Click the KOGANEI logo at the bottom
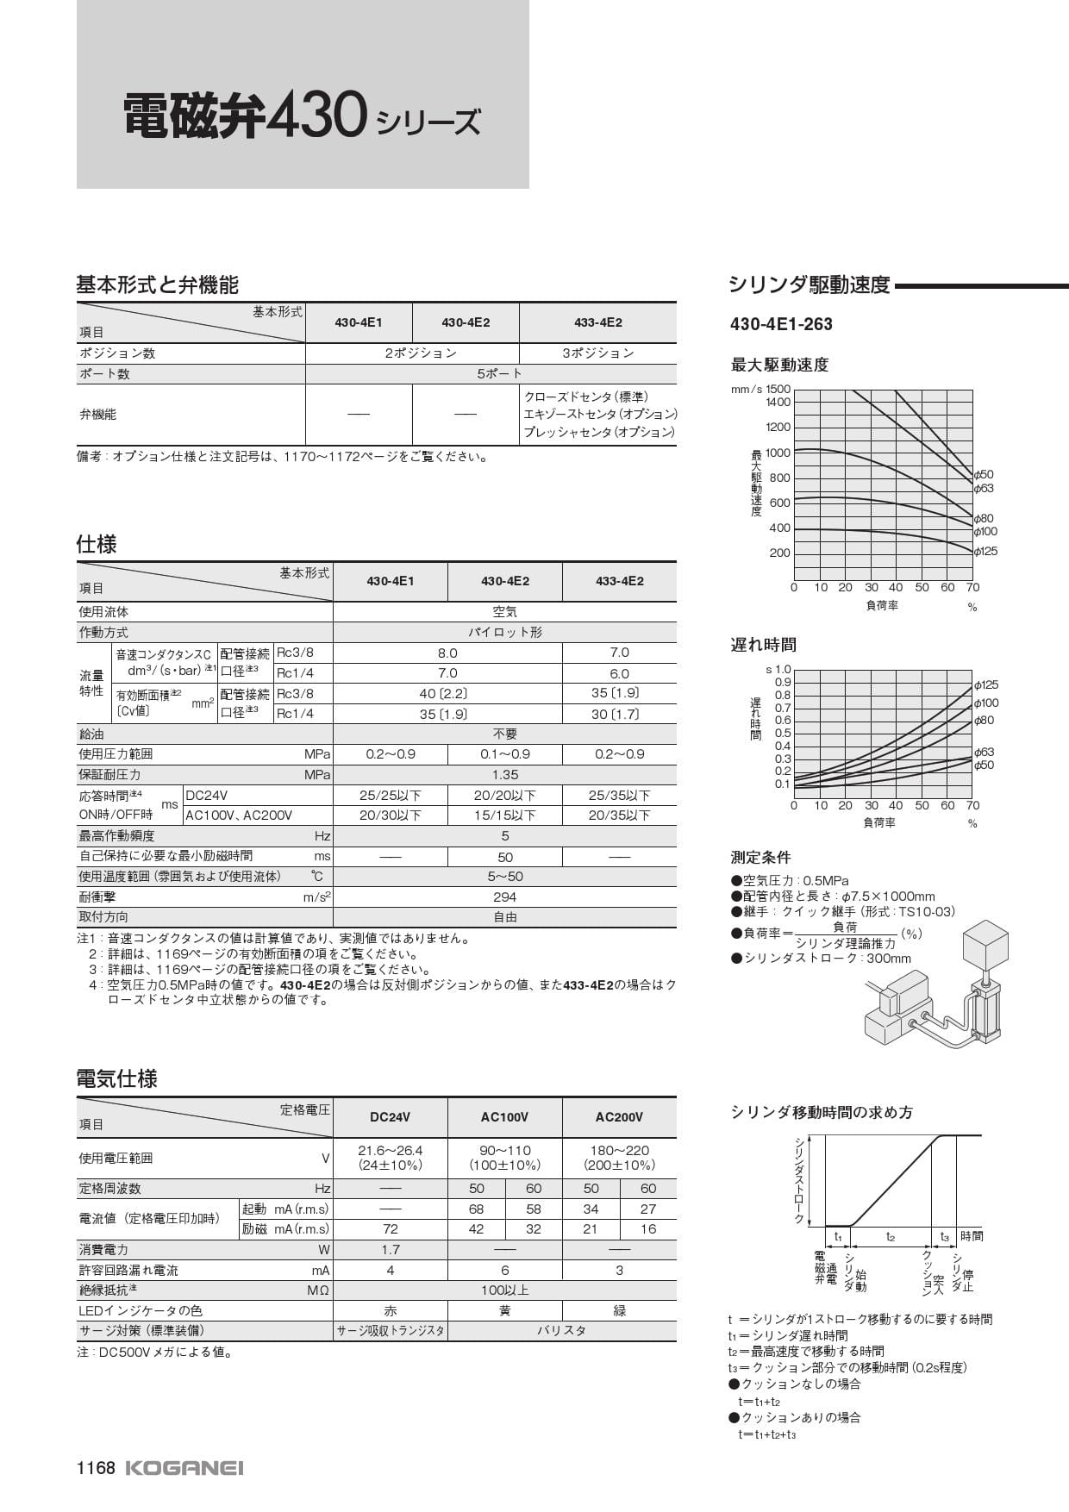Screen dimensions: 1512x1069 [184, 1468]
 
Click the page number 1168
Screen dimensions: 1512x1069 [96, 1468]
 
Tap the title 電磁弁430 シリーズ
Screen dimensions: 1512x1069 [301, 118]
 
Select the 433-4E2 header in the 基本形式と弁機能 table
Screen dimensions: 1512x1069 [597, 322]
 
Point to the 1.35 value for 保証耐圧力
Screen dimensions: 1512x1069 [504, 775]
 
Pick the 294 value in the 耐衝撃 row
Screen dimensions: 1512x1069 [504, 897]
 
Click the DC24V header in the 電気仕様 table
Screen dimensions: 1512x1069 [390, 1117]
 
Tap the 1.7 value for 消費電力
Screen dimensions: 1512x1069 [390, 1249]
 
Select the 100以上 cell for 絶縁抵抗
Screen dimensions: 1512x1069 [504, 1290]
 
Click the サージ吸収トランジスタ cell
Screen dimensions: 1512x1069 [391, 1330]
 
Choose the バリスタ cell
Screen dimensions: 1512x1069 [561, 1330]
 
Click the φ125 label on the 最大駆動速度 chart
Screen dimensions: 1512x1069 [985, 551]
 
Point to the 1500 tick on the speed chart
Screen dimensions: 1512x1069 [778, 389]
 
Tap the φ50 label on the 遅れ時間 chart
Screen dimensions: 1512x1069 [984, 765]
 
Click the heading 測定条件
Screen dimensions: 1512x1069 [760, 858]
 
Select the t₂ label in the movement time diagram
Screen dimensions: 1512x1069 [891, 1237]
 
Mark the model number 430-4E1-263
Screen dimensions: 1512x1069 [781, 324]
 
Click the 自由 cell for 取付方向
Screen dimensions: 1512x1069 [504, 917]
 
